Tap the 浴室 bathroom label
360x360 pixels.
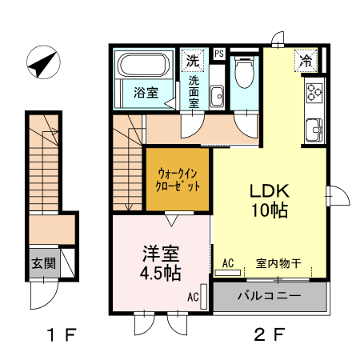145,92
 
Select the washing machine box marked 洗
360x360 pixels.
193,59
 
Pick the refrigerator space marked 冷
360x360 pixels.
306,59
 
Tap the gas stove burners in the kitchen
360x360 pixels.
313,94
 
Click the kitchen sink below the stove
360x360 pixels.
313,126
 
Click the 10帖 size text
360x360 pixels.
269,211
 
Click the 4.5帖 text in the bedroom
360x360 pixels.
159,273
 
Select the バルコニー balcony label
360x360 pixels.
269,297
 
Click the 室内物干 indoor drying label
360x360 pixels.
278,262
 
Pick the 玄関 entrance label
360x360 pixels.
43,263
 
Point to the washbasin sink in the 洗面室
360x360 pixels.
217,98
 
